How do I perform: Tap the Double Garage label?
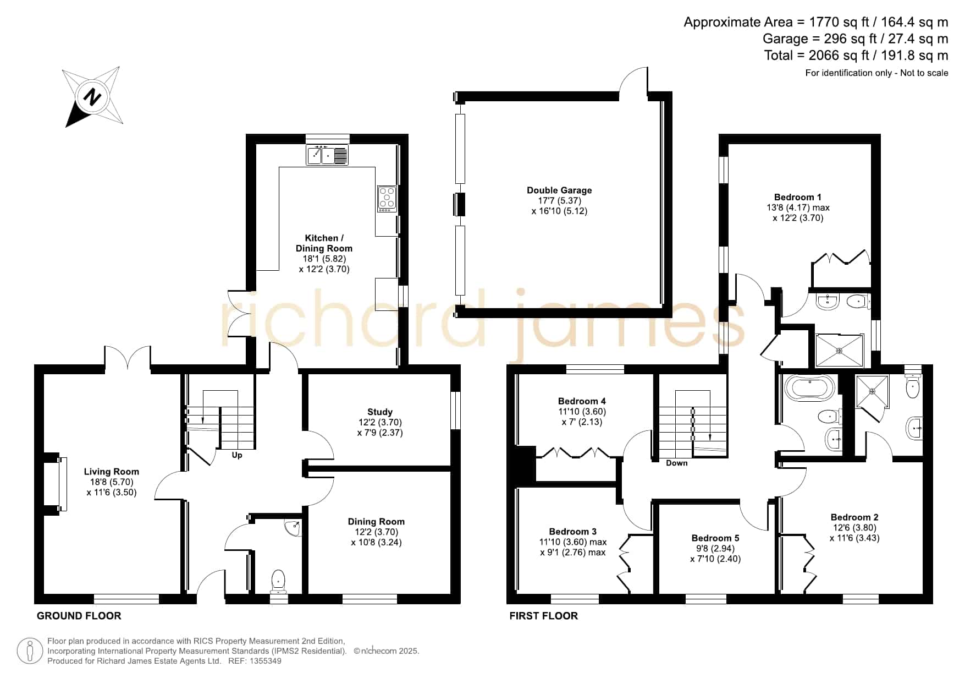pos(559,190)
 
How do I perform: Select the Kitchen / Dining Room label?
pos(324,243)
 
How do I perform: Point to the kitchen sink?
pos(327,155)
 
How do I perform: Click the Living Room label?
pos(111,472)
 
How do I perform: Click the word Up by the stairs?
pos(237,455)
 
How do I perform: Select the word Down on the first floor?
pos(676,463)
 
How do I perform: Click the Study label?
pos(380,412)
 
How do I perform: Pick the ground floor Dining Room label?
pos(376,522)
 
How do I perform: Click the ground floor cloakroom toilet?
pos(279,581)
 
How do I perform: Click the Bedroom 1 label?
pos(798,197)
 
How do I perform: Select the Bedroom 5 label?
pos(715,538)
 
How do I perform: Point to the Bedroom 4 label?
pos(582,401)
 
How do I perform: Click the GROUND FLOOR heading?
pos(79,616)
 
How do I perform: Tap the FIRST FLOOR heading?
pos(543,616)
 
